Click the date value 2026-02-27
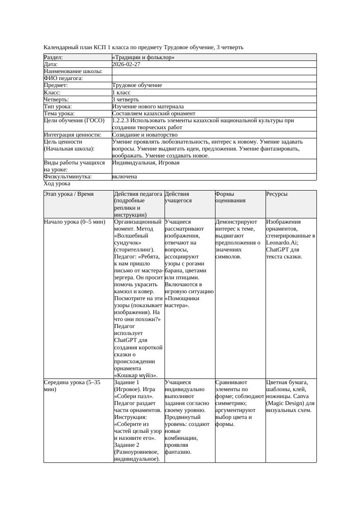pyautogui.click(x=126, y=64)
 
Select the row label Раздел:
pyautogui.click(x=54, y=57)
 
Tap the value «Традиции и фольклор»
pyautogui.click(x=143, y=57)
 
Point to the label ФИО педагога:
pyautogui.click(x=64, y=78)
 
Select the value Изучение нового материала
pyautogui.click(x=148, y=106)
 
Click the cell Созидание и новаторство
pyautogui.click(x=145, y=134)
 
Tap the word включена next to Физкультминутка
pyautogui.click(x=124, y=177)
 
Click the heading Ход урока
pyautogui.click(x=57, y=184)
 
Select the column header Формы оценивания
pyautogui.click(x=225, y=197)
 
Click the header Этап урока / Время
pyautogui.click(x=69, y=194)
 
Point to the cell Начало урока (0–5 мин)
pyautogui.click(x=75, y=222)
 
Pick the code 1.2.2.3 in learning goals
pyautogui.click(x=121, y=121)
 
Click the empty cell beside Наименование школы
pyautogui.click(x=213, y=71)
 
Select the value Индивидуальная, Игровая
pyautogui.click(x=146, y=163)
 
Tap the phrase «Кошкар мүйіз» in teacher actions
pyautogui.click(x=135, y=375)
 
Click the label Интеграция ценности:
pyautogui.click(x=73, y=134)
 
